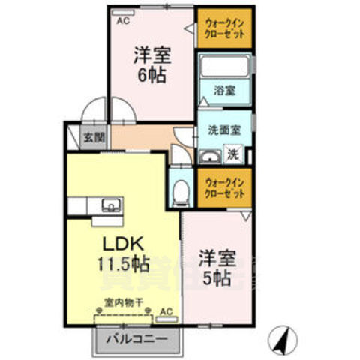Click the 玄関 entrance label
coord(94,139)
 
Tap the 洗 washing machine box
coord(233,155)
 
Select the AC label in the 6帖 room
coord(123,21)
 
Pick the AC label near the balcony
coord(166,310)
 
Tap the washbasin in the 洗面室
coord(209,157)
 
